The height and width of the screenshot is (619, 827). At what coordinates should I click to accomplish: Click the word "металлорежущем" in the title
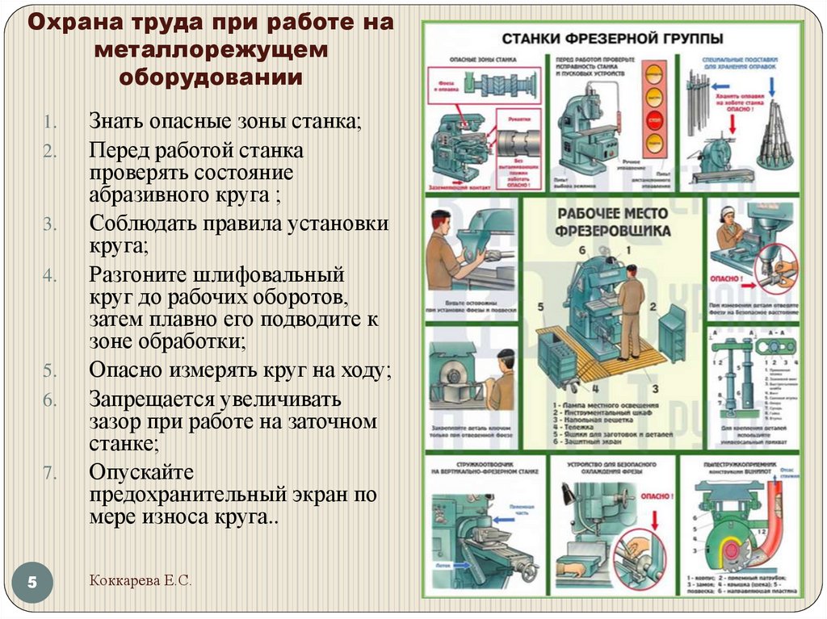(x=212, y=50)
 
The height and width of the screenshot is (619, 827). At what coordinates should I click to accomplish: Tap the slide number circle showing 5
(x=33, y=582)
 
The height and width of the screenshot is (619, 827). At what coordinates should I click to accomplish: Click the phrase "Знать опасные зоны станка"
(x=225, y=123)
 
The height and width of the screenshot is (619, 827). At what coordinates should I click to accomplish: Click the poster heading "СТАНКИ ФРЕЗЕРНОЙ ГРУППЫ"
(x=613, y=39)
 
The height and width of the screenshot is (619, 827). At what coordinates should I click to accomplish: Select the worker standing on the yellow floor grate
(x=630, y=311)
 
